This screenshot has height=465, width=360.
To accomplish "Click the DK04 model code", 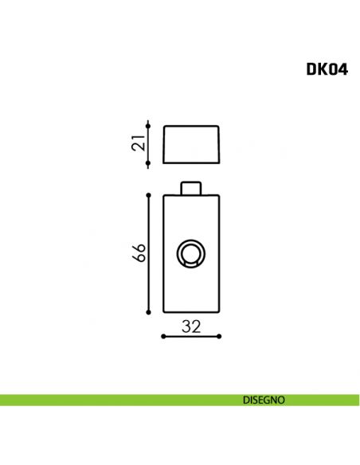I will point(327,68).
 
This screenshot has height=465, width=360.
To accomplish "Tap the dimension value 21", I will point(138,144).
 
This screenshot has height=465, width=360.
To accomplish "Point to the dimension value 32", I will point(190,325).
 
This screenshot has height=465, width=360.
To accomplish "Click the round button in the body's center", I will point(190,255).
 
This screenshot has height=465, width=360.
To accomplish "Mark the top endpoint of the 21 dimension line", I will point(149,123).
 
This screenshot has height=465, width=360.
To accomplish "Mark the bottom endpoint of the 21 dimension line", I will point(149,165).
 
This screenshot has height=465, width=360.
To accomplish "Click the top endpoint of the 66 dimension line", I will point(149,193).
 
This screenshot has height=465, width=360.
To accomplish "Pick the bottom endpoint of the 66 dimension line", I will point(149,315).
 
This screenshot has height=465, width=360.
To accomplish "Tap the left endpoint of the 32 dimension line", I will point(162,336).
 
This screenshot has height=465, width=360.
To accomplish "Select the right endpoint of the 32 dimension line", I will point(219,336).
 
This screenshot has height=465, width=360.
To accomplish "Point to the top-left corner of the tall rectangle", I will point(163,195).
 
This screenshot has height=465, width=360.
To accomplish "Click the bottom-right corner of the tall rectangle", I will point(218,315).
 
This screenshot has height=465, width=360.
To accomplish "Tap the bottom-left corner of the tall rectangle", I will point(163,315).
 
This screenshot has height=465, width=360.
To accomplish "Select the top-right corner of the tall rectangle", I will point(218,195).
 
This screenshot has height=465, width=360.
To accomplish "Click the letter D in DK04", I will point(311,68).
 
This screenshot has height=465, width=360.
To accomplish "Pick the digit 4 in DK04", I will point(342,68).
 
